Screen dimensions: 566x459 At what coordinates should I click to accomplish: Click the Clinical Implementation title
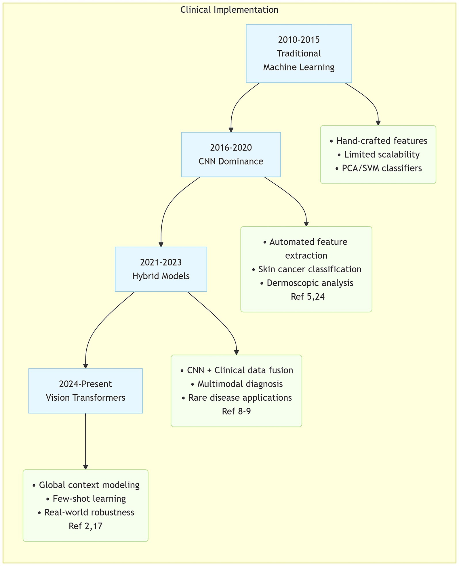click(229, 10)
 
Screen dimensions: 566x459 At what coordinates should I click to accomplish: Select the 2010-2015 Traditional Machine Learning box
click(299, 53)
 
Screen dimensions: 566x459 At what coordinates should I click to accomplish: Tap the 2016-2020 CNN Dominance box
click(231, 154)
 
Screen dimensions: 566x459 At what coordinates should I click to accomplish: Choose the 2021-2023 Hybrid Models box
click(161, 269)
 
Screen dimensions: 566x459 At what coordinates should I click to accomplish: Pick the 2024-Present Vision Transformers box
click(85, 391)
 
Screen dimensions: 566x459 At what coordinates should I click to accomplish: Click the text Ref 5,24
click(307, 297)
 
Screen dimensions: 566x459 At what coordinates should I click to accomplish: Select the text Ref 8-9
click(236, 411)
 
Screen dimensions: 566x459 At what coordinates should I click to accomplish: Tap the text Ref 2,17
click(85, 526)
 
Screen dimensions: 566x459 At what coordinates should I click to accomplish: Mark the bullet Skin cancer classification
click(306, 269)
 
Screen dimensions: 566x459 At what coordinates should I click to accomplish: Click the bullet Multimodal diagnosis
click(236, 384)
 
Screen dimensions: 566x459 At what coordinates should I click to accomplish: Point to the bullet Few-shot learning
click(85, 498)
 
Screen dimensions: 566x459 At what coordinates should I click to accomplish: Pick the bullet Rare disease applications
click(236, 397)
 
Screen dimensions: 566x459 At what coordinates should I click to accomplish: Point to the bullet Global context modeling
click(85, 485)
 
